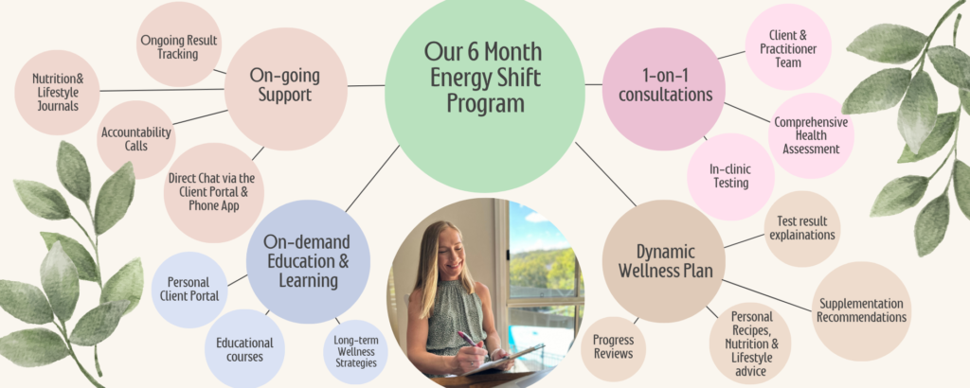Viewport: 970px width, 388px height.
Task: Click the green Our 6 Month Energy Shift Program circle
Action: [485, 93]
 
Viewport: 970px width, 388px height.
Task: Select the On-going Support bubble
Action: [285, 89]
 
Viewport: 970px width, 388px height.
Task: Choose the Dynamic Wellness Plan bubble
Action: [663, 261]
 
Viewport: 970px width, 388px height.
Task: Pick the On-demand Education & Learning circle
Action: [308, 262]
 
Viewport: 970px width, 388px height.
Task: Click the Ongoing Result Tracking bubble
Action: [179, 44]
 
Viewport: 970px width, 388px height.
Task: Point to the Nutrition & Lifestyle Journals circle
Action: [57, 93]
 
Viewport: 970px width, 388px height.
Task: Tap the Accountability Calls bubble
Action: [136, 140]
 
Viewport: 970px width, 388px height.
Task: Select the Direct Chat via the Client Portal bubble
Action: [214, 193]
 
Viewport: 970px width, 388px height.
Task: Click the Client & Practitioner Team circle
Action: [788, 47]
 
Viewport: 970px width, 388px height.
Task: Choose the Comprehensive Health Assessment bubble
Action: [811, 136]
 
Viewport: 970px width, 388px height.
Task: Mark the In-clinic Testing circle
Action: [730, 177]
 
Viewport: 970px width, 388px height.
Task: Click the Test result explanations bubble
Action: [802, 229]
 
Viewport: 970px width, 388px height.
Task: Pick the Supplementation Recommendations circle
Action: [861, 311]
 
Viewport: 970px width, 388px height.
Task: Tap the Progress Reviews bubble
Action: [613, 348]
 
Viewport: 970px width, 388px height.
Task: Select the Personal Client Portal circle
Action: [189, 290]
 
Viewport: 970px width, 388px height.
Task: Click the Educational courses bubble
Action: [244, 349]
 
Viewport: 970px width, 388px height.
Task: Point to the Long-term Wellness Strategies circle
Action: [356, 352]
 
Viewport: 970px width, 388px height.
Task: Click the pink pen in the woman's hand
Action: [468, 339]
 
